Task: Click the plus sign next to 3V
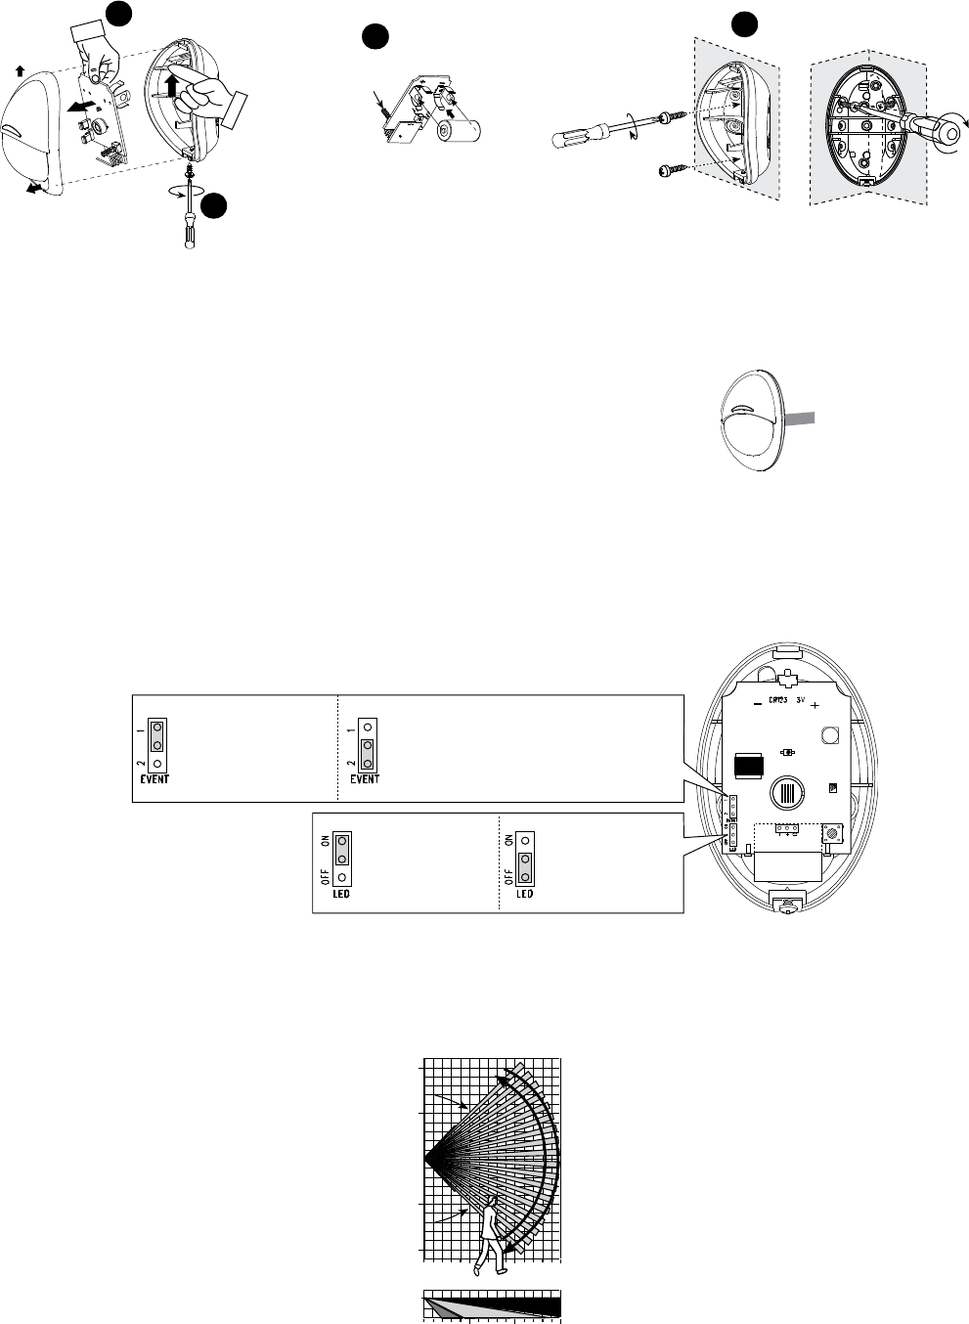coord(814,704)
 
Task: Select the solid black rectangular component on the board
coord(751,767)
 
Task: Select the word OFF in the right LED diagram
coord(507,868)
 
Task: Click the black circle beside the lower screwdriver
coord(215,205)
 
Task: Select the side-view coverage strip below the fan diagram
coord(491,1306)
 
